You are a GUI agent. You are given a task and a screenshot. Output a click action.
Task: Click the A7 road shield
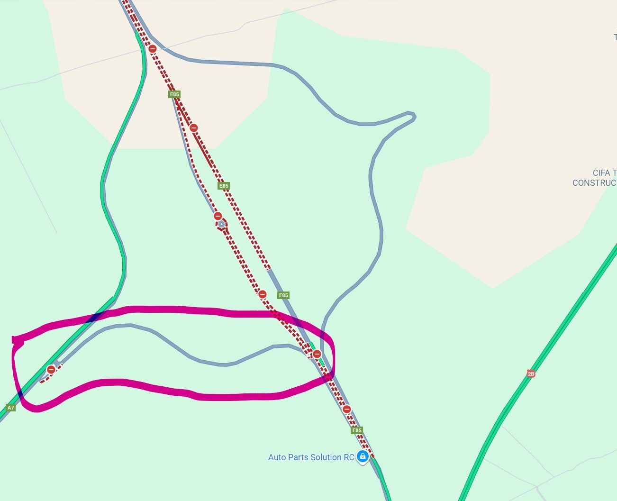[10, 408]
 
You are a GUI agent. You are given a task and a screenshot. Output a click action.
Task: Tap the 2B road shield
[531, 373]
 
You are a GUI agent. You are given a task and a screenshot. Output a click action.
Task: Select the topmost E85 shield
[174, 94]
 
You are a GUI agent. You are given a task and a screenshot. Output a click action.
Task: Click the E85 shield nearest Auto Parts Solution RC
[357, 430]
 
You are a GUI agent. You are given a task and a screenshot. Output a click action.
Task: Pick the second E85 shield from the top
[224, 186]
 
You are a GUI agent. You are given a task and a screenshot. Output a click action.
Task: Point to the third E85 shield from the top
[283, 295]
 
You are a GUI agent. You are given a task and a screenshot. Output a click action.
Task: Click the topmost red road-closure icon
[153, 49]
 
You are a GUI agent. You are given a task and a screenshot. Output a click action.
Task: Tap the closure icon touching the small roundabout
[218, 216]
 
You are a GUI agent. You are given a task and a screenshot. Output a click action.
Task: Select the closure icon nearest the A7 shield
[51, 369]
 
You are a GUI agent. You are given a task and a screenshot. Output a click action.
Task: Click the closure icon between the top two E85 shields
[194, 128]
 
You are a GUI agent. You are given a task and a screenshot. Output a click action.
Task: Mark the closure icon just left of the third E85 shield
[263, 294]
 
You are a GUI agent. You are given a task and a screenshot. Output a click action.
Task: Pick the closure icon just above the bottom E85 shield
[347, 409]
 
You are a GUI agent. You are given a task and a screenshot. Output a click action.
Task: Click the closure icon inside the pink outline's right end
[317, 354]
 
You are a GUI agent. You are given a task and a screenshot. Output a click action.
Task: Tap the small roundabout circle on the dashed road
[221, 224]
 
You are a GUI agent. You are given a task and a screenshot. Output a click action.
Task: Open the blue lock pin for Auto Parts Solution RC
[363, 456]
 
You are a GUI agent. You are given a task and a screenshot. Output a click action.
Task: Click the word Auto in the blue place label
[277, 457]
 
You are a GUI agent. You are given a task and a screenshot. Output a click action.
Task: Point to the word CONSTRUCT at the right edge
[594, 183]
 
